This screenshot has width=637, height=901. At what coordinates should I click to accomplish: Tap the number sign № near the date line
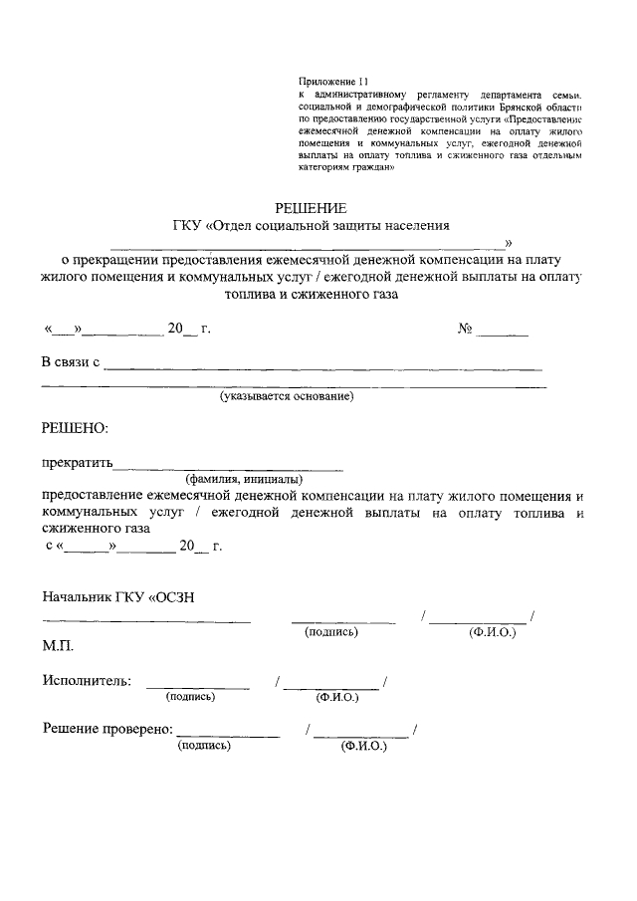pos(464,329)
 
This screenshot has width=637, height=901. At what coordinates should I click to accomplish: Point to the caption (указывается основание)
pos(287,396)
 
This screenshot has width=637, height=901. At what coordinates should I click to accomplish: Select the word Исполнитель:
pos(86,681)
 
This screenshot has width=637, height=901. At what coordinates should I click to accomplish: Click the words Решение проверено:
pos(108,729)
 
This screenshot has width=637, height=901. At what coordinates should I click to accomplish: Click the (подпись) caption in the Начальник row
pos(331,632)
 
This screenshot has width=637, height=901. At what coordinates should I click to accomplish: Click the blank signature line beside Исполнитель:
pos(197,686)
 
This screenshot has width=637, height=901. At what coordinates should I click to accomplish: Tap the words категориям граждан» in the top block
pos(347,167)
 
